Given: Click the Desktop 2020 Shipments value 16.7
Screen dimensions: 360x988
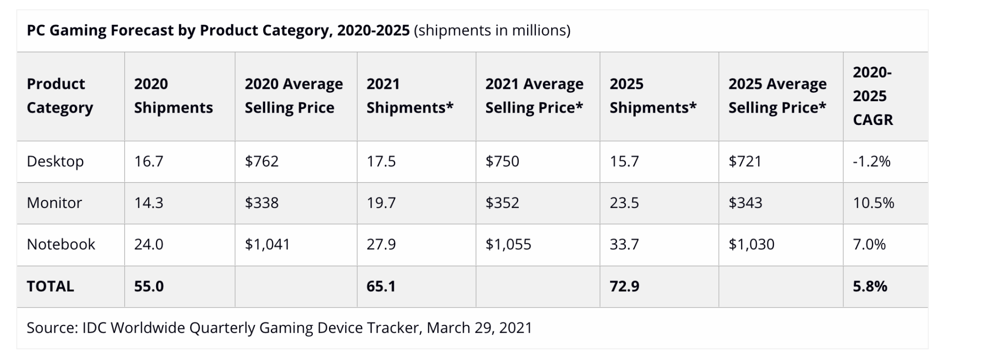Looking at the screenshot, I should tap(149, 161).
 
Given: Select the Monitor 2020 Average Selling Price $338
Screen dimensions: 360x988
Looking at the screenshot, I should tap(261, 203).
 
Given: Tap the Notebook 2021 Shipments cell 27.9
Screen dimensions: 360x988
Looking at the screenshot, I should tap(381, 244).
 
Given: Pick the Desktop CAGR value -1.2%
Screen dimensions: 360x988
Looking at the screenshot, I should tap(871, 161).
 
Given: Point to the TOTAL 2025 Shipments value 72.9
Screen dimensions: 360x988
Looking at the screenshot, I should tap(624, 286).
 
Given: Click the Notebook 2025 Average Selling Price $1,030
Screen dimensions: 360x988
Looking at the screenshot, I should tap(751, 244).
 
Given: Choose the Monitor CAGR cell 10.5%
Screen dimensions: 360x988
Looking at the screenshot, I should tap(873, 203).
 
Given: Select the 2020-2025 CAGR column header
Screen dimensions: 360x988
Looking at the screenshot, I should tap(872, 96).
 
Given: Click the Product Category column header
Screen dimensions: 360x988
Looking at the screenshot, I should tap(60, 96).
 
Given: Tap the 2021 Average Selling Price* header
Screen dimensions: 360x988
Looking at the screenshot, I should tap(534, 96).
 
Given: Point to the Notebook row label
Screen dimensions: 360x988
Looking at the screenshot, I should tap(61, 244).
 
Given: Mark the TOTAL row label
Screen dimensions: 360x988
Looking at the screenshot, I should tap(50, 286).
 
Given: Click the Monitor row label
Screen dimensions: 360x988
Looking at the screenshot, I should tap(54, 203).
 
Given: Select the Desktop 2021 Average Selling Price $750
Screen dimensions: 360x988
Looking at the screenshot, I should tap(502, 161).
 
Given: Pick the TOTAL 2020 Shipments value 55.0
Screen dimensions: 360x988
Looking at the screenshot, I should tap(149, 286).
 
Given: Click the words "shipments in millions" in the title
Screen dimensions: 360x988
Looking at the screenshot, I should tap(492, 31).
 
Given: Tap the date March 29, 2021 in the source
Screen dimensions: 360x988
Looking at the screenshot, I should tap(479, 328).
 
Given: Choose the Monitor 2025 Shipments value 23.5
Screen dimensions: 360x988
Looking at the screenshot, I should tap(624, 203).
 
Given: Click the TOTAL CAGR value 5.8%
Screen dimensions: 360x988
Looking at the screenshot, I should tap(870, 286).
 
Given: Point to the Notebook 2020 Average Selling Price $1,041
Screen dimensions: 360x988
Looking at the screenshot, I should tap(267, 244).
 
